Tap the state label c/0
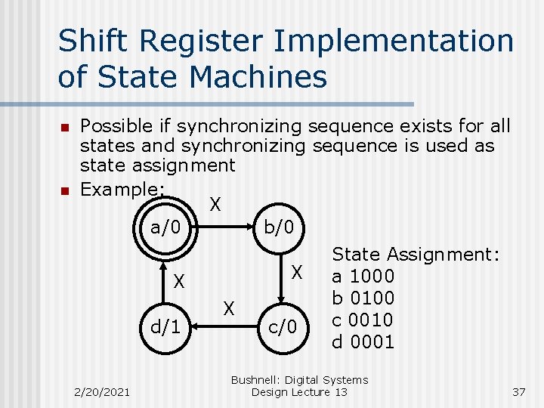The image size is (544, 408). pyautogui.click(x=283, y=327)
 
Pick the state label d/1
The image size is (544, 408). pyautogui.click(x=165, y=327)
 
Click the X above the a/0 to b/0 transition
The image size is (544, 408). pyautogui.click(x=215, y=204)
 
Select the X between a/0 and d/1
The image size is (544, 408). pyautogui.click(x=179, y=282)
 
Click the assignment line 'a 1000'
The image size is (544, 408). pyautogui.click(x=363, y=277)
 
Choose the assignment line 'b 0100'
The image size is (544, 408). pyautogui.click(x=363, y=298)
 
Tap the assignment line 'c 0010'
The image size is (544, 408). pyautogui.click(x=363, y=320)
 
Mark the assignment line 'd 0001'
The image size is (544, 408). pyautogui.click(x=363, y=342)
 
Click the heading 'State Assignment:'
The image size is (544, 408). pyautogui.click(x=416, y=255)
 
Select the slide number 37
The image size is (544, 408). pyautogui.click(x=518, y=391)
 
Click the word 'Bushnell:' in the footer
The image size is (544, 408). pyautogui.click(x=256, y=380)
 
